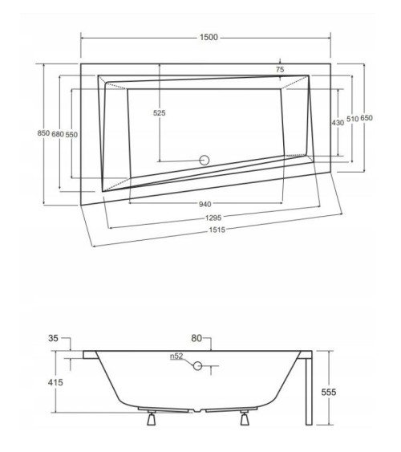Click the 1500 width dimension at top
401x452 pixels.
pos(207,38)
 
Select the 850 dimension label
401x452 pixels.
pos(43,133)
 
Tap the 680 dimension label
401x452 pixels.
pos(58,133)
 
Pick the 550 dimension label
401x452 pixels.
pos(72,133)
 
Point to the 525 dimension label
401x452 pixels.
pos(159,113)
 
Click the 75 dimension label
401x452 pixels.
pos(280,70)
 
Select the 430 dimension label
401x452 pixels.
pos(338,122)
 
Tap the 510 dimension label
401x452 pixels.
pos(352,118)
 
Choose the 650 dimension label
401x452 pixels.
pos(367,118)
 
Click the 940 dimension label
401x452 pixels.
pos(205,203)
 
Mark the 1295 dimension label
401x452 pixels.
pos(212,217)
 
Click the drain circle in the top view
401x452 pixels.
pos(205,159)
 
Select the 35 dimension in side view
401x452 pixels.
pos(53,340)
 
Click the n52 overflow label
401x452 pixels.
pos(176,356)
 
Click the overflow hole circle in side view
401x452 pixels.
pos(196,366)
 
